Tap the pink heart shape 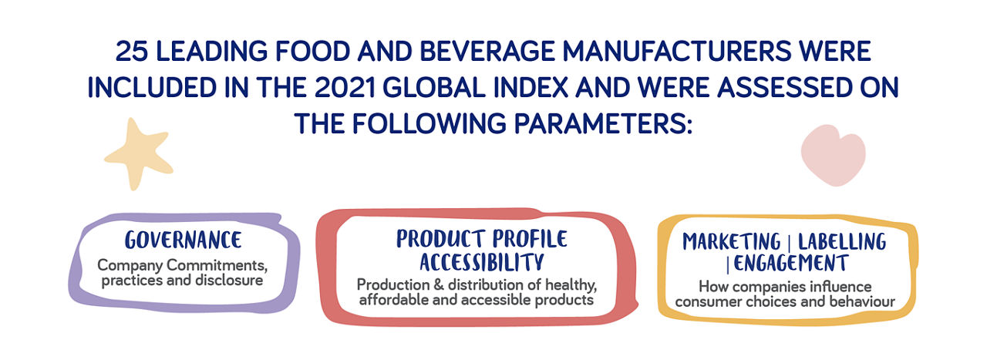tap(833, 155)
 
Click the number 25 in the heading tap(132, 51)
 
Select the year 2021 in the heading tap(345, 87)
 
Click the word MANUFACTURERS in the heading tap(677, 51)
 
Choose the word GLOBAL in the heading tap(434, 87)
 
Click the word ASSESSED tap(784, 87)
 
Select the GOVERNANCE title tap(183, 241)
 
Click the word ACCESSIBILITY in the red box tap(482, 262)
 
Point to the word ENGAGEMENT tap(790, 264)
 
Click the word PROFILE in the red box tap(530, 239)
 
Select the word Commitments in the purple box tap(217, 265)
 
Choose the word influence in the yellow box tap(840, 287)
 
